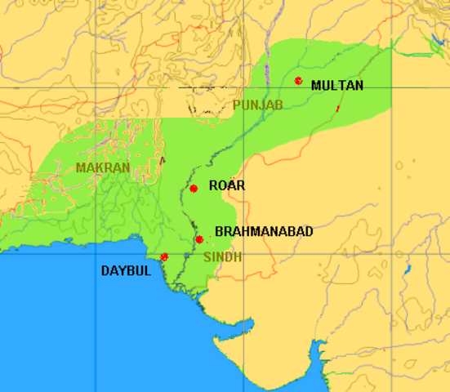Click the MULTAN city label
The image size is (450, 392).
(337, 85)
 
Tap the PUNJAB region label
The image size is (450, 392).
(257, 105)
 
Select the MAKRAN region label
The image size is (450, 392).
(102, 167)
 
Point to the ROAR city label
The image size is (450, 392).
(227, 185)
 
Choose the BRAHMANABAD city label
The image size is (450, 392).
(264, 232)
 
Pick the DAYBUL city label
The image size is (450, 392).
(126, 270)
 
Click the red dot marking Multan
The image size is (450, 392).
(299, 81)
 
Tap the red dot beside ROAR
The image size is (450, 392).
(194, 189)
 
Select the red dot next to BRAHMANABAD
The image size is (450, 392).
(199, 239)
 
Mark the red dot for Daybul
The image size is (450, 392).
(165, 256)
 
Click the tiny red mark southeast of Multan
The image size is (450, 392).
(338, 108)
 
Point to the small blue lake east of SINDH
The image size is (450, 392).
(406, 265)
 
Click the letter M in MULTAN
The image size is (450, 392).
(317, 85)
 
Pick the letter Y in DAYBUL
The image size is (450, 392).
(122, 270)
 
